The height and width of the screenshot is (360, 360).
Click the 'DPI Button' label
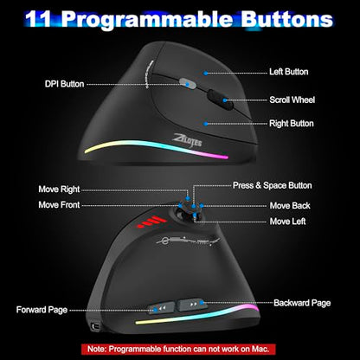coord(64,84)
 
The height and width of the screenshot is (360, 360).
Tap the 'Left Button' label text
coord(289,72)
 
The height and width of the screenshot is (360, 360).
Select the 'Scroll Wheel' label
coord(292,100)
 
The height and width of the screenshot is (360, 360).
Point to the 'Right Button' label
coord(292,124)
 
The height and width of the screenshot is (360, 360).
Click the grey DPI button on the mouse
coord(187,83)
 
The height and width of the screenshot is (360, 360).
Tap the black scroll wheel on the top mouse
coord(221,100)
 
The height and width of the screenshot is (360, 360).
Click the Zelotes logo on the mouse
coord(187,140)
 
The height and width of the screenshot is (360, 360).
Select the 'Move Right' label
coord(59,190)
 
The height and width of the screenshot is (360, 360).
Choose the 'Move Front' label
coord(59,205)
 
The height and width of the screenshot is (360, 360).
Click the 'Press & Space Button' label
coord(273,185)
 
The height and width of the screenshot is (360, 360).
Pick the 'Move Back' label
coord(290,206)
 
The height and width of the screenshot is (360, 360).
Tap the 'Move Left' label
coord(287,222)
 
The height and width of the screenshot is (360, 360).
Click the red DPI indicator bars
coord(152,222)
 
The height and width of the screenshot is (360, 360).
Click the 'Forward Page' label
coord(42,310)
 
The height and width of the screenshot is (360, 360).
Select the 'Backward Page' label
coord(302,303)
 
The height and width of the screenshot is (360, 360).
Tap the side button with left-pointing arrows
coord(161,308)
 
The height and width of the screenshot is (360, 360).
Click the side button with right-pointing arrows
coord(192,305)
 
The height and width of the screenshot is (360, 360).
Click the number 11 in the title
coord(38,20)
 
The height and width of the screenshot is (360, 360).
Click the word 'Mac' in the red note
coord(260,349)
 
